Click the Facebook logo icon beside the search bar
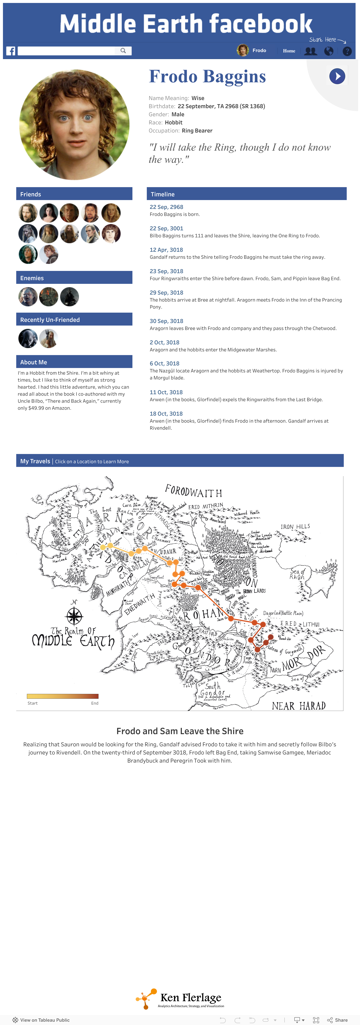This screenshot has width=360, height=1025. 11,51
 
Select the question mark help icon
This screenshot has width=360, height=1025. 347,51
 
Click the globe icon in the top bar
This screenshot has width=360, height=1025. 329,51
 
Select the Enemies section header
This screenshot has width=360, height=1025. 74,278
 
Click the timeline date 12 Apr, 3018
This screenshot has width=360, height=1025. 166,250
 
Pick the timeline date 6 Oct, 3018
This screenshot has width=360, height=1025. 164,363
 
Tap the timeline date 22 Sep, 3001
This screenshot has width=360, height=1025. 166,228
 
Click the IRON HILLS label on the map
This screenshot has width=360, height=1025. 295,526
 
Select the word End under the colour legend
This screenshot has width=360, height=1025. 95,703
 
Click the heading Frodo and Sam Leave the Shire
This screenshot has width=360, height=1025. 180,731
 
